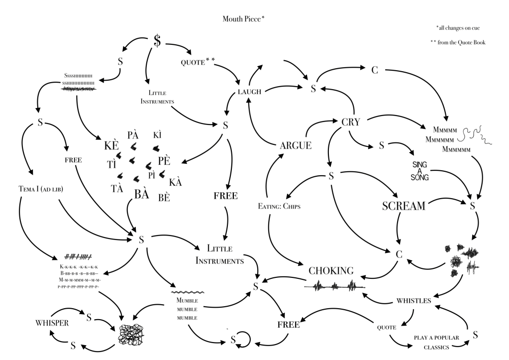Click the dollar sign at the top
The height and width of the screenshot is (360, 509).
[157, 42]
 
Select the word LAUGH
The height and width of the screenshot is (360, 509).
[250, 91]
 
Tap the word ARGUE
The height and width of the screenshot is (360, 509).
[296, 145]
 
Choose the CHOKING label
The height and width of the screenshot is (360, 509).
[331, 271]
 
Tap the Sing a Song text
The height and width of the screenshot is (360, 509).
[420, 171]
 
